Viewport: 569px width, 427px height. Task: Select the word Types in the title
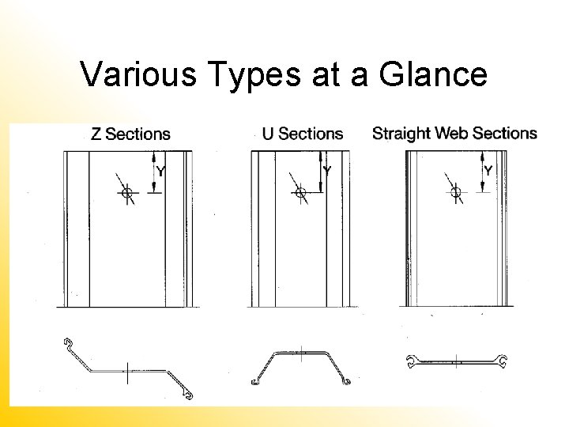(255, 75)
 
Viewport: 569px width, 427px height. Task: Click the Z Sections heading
(130, 134)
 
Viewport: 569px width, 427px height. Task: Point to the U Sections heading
(303, 134)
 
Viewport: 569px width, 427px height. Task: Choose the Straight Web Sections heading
(454, 133)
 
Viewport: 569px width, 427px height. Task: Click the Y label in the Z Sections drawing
(161, 172)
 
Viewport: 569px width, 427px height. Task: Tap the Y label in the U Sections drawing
(327, 171)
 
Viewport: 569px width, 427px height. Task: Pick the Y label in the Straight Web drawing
(488, 170)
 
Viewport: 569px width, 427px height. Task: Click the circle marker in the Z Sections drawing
(126, 192)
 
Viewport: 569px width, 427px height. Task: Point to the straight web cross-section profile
(456, 362)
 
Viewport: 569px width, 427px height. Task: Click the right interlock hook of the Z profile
(186, 391)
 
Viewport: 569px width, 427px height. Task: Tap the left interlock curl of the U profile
(255, 382)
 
